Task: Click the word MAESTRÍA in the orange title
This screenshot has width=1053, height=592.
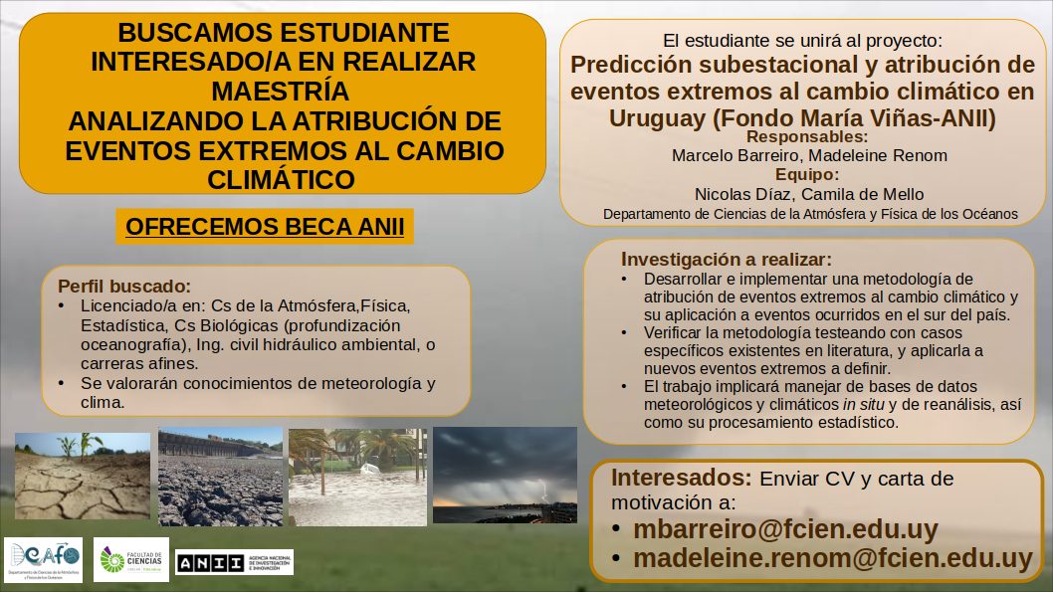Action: point(280,92)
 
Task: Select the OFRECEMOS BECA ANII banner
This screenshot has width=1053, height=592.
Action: point(265,227)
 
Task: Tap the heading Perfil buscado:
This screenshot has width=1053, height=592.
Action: point(124,286)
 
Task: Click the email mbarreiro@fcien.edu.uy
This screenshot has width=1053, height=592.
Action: point(785,529)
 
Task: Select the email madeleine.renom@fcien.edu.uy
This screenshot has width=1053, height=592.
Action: point(833,558)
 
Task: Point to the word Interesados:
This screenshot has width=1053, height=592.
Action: point(681,478)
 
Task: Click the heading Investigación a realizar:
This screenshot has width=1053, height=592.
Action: point(726,259)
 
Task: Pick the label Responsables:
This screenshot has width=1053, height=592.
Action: point(806,137)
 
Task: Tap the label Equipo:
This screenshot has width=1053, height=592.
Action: point(806,174)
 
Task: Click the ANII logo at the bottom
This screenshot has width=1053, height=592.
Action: point(234,562)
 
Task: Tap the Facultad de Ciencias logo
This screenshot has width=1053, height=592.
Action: point(131,559)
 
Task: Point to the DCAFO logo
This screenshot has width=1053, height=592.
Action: point(43,559)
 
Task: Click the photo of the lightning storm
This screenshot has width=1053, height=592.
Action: point(505,476)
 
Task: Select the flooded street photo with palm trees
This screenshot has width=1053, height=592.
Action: point(358,477)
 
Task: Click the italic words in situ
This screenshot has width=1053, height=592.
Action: point(863,404)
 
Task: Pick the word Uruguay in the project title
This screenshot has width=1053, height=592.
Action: point(658,118)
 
